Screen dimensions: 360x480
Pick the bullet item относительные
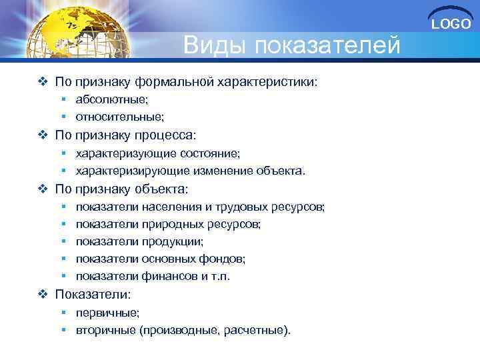click(x=119, y=117)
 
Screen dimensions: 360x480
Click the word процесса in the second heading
click(x=167, y=135)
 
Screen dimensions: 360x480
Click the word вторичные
click(x=105, y=329)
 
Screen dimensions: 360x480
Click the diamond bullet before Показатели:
click(x=43, y=294)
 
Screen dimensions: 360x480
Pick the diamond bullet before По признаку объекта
click(x=43, y=189)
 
